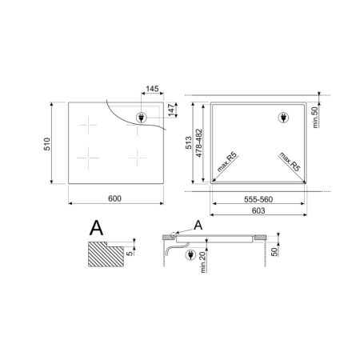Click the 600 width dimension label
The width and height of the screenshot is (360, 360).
[x=114, y=198]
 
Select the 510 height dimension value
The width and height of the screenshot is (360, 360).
[x=47, y=144]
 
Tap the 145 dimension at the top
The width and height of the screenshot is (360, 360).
[x=152, y=89]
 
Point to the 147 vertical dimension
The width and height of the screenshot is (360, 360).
[x=171, y=110]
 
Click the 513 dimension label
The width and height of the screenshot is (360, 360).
[x=189, y=143]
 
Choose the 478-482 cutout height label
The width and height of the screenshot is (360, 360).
[x=199, y=143]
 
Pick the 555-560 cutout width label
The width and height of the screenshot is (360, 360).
[x=258, y=199]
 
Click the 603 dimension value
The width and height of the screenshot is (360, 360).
[x=258, y=210]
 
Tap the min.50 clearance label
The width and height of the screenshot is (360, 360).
[x=315, y=118]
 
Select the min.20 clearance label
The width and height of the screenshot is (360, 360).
[x=203, y=262]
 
